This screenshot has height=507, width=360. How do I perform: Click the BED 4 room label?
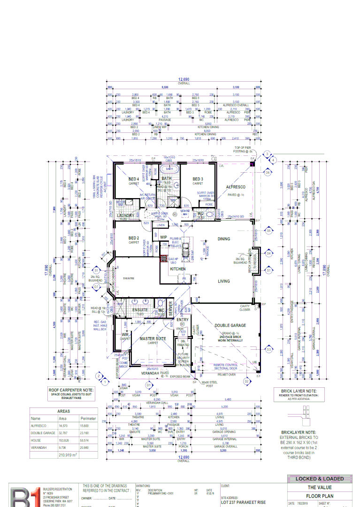tap(134, 179)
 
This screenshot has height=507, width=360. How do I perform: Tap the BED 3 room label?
tap(198, 179)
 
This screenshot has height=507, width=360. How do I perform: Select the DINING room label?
tap(223, 239)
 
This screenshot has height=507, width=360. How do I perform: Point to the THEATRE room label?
tap(129, 278)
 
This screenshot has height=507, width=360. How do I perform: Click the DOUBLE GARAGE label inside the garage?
tap(230, 325)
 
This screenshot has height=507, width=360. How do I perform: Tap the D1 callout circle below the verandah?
tap(148, 384)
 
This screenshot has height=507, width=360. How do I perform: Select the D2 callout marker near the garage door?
tap(246, 382)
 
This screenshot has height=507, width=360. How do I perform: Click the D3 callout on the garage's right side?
tap(269, 349)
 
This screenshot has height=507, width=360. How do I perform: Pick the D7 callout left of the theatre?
tap(96, 286)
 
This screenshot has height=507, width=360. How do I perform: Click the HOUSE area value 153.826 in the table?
tap(63, 440)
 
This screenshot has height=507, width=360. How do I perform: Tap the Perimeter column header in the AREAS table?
tap(88, 418)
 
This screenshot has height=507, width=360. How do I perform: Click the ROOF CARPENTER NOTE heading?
tap(71, 390)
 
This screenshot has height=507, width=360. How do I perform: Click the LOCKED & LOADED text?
tap(319, 479)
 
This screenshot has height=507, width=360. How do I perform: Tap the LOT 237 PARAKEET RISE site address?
tap(244, 502)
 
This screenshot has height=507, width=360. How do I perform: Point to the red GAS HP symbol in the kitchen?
tap(164, 259)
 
